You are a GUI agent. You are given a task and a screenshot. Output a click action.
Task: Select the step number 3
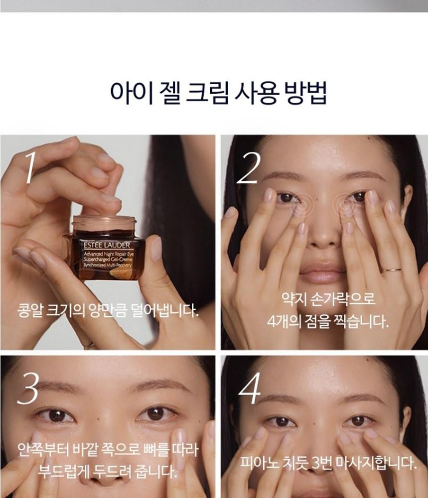(x=28, y=388)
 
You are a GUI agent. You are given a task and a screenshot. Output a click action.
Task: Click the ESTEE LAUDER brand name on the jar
(x=107, y=245)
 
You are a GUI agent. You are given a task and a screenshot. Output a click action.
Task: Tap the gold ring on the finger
(x=391, y=270)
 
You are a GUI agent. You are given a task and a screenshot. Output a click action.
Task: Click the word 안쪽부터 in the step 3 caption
(x=42, y=450)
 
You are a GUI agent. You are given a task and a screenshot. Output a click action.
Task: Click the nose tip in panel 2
(x=321, y=238)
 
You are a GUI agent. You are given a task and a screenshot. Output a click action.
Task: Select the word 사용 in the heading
(x=256, y=93)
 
